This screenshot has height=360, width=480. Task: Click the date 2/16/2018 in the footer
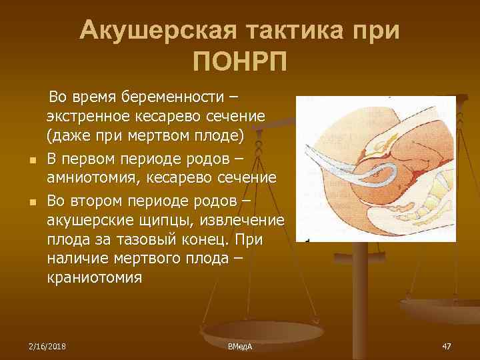48,346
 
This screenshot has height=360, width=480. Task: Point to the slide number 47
446,346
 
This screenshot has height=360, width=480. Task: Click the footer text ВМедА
240,346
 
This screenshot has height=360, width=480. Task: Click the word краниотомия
94,277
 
